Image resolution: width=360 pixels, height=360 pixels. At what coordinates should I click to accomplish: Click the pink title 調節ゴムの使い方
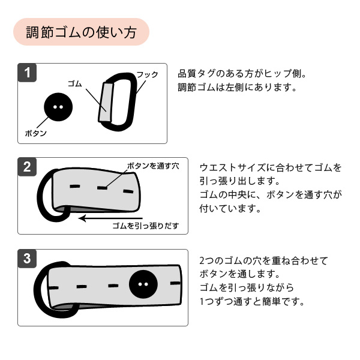[80, 32]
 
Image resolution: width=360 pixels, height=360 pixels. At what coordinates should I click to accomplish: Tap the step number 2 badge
[27, 167]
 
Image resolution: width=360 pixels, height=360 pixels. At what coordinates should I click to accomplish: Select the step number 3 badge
[27, 259]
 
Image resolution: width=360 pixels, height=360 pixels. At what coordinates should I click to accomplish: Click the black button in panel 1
[58, 108]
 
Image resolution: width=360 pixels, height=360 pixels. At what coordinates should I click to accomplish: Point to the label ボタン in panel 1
[35, 133]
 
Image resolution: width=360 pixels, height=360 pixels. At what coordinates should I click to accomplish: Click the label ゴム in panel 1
[75, 83]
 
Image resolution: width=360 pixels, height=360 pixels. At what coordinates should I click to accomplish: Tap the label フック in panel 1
[147, 74]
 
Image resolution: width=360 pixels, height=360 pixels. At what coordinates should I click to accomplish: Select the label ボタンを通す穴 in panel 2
[152, 165]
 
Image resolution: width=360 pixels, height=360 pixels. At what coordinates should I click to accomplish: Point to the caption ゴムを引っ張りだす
[146, 226]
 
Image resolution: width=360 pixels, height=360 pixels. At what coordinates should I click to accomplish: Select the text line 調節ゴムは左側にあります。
[238, 88]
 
